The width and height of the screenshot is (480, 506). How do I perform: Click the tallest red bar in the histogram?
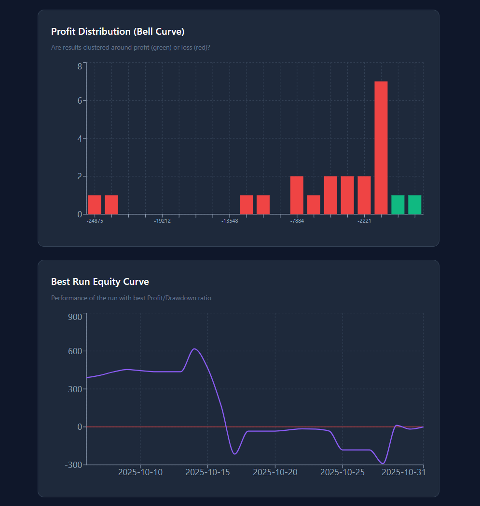click(x=381, y=148)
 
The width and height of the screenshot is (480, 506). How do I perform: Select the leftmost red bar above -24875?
click(x=95, y=205)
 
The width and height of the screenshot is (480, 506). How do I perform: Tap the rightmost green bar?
click(x=415, y=205)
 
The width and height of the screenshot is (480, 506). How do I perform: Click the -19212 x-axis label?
click(x=162, y=221)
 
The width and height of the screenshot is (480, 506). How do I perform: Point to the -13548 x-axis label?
click(x=230, y=221)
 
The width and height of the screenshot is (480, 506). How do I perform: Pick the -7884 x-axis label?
click(x=297, y=221)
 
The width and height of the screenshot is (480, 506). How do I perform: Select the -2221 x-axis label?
click(x=364, y=221)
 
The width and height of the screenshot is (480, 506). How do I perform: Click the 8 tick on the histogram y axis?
click(x=80, y=66)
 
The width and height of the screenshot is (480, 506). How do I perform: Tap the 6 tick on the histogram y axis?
click(x=80, y=101)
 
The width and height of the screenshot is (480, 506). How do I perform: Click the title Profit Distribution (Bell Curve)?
click(x=118, y=32)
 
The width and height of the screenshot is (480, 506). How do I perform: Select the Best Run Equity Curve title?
click(x=100, y=282)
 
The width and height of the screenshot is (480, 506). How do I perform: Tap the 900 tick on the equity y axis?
click(x=75, y=317)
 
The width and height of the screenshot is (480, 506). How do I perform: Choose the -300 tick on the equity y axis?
click(x=74, y=465)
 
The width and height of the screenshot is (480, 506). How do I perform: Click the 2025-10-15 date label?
click(x=208, y=472)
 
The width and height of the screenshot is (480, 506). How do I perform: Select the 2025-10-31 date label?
click(x=404, y=472)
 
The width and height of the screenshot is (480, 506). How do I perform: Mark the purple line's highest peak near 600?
click(x=194, y=349)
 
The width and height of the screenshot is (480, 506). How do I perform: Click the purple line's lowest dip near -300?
click(x=383, y=464)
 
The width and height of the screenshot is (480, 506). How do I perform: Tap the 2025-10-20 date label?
click(x=275, y=472)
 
